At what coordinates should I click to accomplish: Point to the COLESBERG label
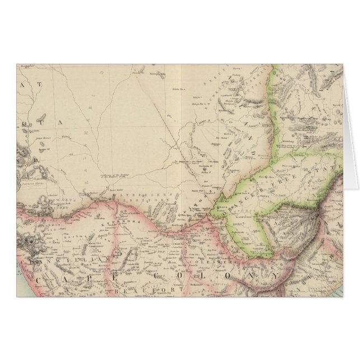207,260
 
